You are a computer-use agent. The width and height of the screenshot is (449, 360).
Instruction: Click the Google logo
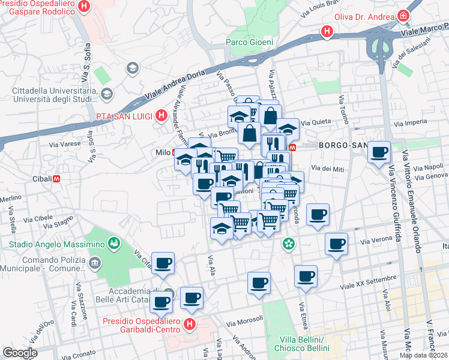coord(19,353)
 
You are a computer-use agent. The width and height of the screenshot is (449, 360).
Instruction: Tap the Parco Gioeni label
coord(249,42)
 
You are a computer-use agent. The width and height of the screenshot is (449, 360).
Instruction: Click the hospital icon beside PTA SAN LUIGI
coord(160,115)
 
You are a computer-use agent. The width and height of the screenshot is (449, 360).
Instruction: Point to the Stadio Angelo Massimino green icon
coord(112,243)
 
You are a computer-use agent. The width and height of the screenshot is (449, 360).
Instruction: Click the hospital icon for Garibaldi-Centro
coord(190,326)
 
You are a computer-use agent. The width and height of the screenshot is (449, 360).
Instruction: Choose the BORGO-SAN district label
coord(341,145)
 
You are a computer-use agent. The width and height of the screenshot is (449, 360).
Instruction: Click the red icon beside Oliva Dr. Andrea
coord(404,16)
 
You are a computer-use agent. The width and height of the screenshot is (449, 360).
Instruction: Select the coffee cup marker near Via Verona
coord(337,244)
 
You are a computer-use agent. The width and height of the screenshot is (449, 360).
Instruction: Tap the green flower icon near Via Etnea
coord(289,244)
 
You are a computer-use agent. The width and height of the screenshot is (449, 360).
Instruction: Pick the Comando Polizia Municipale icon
coord(94,263)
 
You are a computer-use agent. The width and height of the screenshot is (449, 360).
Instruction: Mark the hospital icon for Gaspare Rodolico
coord(85,7)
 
